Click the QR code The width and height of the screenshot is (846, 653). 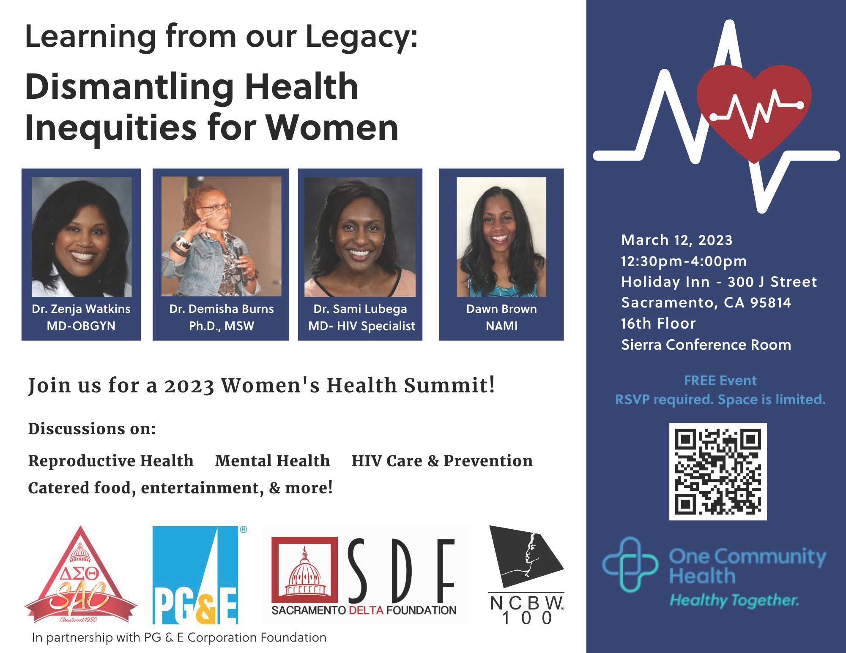[717, 471]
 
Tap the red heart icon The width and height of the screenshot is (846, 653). [754, 110]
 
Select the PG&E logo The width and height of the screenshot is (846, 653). [196, 575]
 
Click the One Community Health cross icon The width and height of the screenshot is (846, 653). [630, 564]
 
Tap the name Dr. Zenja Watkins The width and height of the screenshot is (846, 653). [81, 309]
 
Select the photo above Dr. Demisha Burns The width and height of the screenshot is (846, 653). [221, 237]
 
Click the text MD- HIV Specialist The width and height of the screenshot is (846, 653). [361, 326]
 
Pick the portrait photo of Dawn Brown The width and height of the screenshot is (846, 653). [501, 237]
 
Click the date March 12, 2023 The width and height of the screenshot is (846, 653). [676, 240]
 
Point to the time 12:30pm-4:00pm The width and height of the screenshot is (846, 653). [684, 261]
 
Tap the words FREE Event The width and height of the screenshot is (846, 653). [720, 381]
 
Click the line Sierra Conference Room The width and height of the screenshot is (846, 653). [706, 345]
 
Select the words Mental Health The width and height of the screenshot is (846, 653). [272, 461]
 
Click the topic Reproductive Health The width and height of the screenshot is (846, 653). [111, 461]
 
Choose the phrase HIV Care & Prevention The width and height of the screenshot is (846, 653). [442, 461]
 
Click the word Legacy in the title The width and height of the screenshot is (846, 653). [361, 37]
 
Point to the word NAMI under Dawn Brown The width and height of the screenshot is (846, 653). [501, 326]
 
